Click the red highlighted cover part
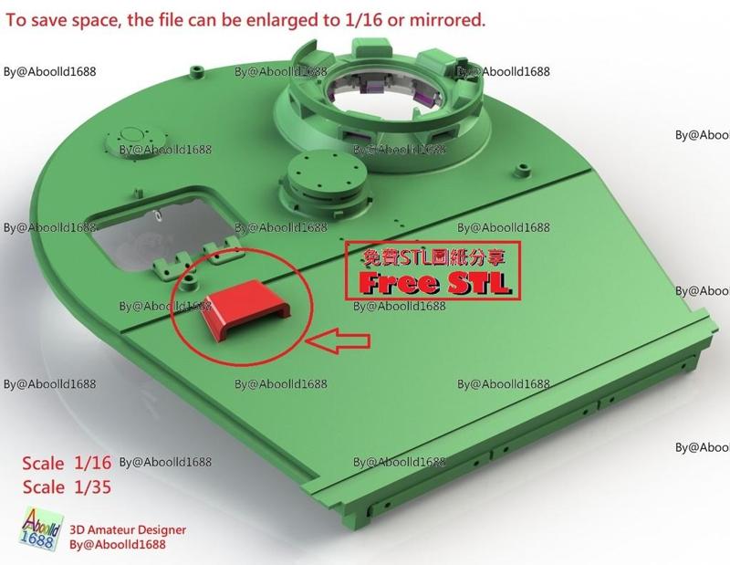245,309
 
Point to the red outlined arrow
338,341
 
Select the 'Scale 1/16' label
67,463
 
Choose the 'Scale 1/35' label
67,487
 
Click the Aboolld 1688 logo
41,530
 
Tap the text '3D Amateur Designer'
128,530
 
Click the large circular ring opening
385,95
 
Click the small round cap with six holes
326,173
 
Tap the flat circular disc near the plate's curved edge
135,139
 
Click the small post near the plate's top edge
198,71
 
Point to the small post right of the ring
523,170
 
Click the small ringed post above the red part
190,282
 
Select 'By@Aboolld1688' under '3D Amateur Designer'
118,544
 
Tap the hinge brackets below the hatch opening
195,262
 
